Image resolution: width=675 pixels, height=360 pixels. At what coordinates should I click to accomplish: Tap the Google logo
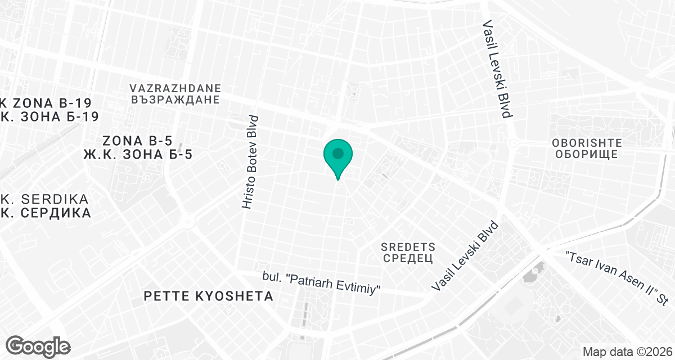(38, 346)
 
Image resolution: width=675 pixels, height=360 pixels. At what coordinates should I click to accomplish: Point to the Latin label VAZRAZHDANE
(175, 89)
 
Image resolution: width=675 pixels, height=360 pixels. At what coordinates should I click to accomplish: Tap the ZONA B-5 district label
(137, 141)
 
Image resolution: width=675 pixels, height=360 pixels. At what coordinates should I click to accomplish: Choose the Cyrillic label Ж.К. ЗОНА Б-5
(137, 154)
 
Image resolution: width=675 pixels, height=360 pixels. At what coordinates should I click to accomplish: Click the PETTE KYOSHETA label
(208, 296)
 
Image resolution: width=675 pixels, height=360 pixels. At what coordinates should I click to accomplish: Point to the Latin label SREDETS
(408, 246)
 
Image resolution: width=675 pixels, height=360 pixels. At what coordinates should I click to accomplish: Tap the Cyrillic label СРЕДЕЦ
(408, 258)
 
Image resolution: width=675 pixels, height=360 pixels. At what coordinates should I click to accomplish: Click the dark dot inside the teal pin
(337, 153)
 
